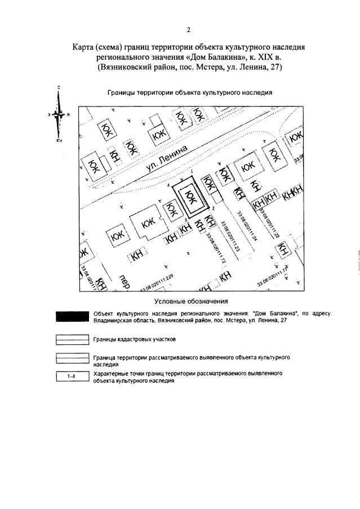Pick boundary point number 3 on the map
[x=186, y=218]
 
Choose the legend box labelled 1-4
[x=72, y=377]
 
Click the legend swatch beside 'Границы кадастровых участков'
[x=72, y=339]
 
